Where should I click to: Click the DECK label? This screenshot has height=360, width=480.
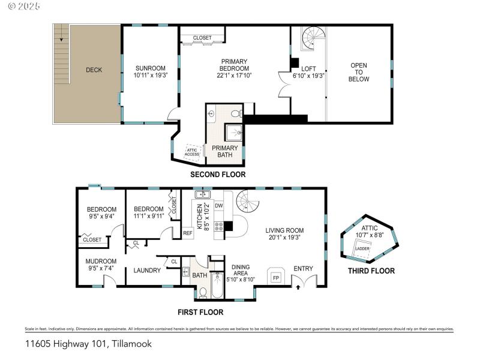tap(94, 70)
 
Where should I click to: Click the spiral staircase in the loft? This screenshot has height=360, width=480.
tap(311, 39)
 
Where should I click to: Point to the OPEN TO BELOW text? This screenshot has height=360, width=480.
tap(359, 72)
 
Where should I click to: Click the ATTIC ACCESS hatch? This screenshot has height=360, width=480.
tap(192, 152)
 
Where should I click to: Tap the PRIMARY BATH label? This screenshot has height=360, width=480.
tap(225, 152)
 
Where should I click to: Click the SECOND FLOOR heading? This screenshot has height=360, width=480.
tap(218, 175)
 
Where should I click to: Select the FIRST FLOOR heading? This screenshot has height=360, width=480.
tap(200, 312)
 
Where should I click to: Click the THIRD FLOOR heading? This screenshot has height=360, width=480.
tap(371, 271)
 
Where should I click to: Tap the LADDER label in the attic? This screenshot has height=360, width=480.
tap(362, 248)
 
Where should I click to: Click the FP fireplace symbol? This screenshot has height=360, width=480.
tap(276, 278)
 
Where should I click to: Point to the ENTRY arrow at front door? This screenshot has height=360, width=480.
tap(299, 287)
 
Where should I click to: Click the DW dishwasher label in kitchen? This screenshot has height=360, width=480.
tap(219, 205)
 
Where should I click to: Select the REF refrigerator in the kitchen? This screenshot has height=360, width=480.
tap(188, 233)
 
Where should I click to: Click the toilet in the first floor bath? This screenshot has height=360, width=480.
tap(203, 292)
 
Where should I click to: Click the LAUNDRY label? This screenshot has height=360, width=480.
tap(147, 271)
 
